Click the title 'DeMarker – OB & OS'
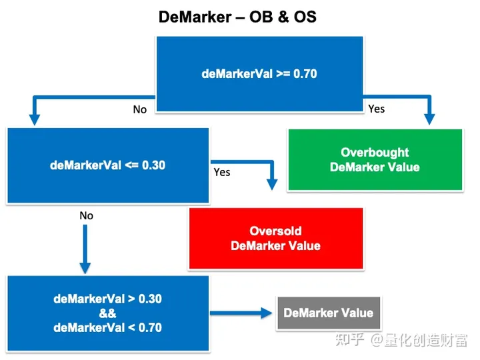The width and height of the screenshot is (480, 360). pos(237,17)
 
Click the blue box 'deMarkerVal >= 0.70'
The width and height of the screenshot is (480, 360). pos(259,73)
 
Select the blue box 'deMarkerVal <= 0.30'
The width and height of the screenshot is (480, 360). pos(107,165)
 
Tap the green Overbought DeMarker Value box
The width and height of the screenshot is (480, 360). pos(375,160)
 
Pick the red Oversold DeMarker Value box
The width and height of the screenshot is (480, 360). pos(276,239)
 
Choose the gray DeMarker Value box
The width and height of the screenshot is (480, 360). pos(328,313)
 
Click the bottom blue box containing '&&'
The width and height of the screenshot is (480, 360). pos(107,313)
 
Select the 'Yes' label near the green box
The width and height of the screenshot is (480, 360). pos(376,109)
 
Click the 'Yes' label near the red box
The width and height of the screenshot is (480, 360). pos(221,172)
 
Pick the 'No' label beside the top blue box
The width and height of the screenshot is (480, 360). pos(139,109)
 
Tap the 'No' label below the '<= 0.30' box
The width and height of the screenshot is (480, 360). pos(86,216)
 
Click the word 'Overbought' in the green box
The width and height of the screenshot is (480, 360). pos(375,153)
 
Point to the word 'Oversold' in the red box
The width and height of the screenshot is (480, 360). pos(275,231)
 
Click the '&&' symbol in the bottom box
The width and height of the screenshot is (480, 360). pos(107,313)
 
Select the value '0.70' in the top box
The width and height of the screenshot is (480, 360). pos(305,73)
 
